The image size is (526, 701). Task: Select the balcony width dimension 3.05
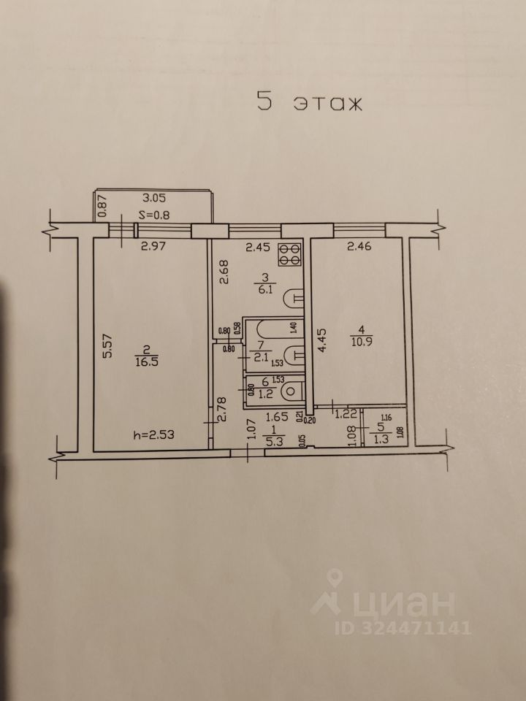155,197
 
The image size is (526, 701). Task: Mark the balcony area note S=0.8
155,215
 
